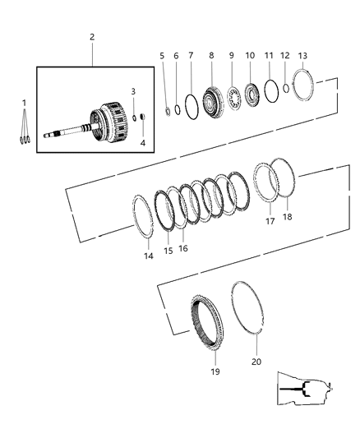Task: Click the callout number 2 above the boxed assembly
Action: pos(92,37)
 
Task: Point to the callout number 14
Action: pos(148,256)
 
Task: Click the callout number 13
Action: pos(302,56)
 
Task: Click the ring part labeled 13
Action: pos(303,85)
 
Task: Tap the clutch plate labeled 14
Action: pos(145,223)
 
